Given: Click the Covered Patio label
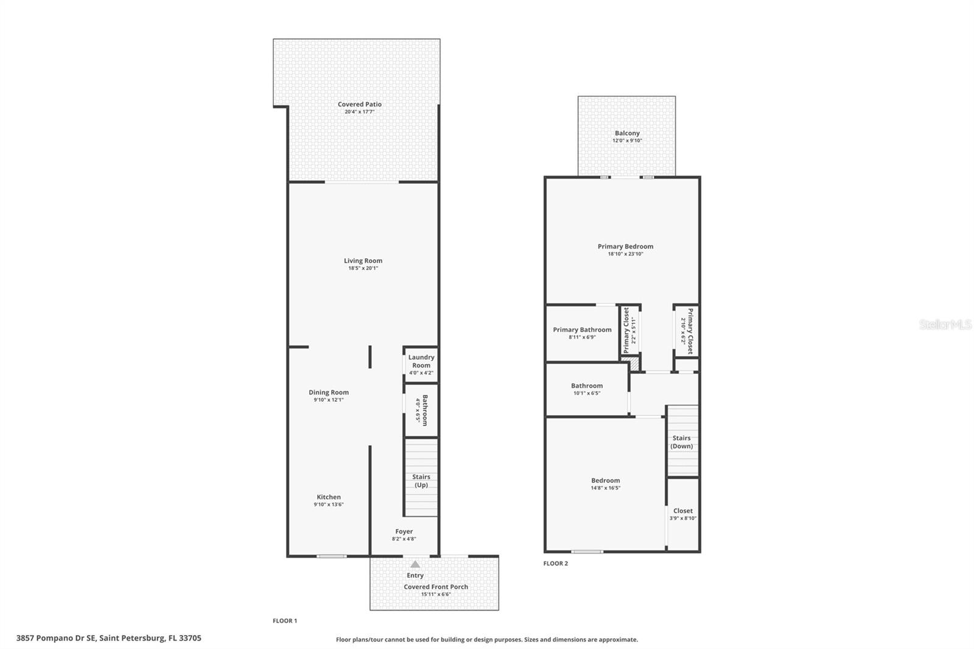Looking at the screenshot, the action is tap(360, 104).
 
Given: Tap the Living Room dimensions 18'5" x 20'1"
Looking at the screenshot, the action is tap(363, 268).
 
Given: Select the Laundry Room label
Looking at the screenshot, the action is tap(421, 361).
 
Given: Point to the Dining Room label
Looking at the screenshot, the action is tap(329, 392).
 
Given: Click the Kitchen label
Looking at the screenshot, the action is tap(329, 497).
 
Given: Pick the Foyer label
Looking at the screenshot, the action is tap(404, 531).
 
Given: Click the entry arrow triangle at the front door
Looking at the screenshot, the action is tap(415, 564).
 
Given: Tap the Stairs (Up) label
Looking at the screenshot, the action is tap(421, 480).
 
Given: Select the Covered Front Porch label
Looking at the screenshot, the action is tap(436, 587).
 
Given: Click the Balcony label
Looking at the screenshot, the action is tap(627, 133).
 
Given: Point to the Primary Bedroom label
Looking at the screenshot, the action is tap(625, 246).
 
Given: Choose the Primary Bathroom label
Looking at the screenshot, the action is tap(582, 330).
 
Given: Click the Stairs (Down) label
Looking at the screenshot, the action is tap(681, 442).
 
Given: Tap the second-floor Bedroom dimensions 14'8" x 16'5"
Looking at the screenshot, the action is tap(605, 488).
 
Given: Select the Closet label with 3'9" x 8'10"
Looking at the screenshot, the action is tap(683, 511).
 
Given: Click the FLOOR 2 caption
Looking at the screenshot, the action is tap(556, 563).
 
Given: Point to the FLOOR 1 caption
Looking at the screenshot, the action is tap(285, 621).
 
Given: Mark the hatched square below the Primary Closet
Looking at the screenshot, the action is tap(630, 363).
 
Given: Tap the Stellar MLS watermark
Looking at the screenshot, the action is tap(945, 324).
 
